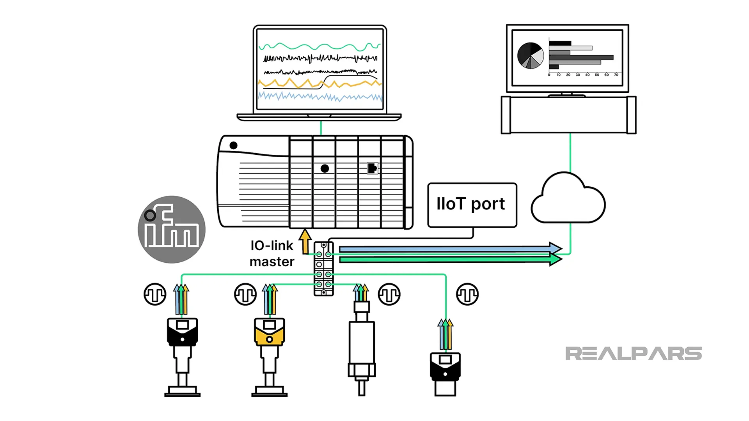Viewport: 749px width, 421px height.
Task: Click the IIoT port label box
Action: (x=472, y=205)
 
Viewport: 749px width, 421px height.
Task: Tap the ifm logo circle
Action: (x=172, y=229)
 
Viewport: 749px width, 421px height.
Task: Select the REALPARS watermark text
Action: (x=633, y=354)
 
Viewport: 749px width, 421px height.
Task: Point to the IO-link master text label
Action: (x=272, y=253)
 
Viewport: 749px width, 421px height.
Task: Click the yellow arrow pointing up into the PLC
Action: (x=305, y=241)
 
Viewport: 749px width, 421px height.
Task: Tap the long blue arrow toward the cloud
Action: (x=449, y=249)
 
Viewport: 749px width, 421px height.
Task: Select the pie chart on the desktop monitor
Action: (x=530, y=55)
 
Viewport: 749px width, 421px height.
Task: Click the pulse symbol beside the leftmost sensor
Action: (x=155, y=294)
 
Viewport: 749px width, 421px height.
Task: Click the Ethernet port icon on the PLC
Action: (x=373, y=168)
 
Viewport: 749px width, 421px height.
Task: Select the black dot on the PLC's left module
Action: (x=234, y=145)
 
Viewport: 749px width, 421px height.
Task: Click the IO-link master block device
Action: (x=323, y=269)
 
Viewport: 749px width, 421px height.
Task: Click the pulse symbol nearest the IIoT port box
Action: (x=467, y=294)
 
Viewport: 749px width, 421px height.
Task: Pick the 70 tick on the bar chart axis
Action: (x=616, y=74)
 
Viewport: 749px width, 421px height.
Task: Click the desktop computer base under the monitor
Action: (x=568, y=115)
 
